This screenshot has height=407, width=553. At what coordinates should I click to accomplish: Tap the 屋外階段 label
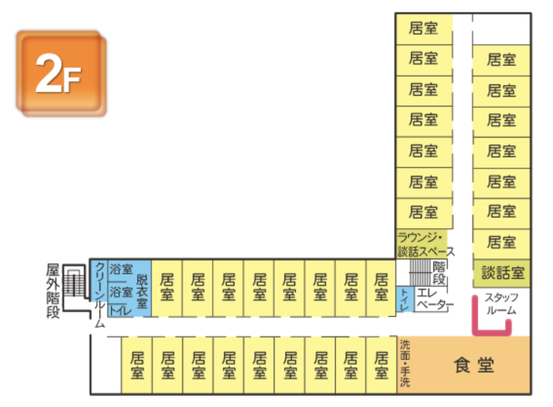[53, 291]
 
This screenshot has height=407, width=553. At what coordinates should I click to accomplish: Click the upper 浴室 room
[121, 269]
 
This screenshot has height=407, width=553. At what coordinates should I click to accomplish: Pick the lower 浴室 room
[121, 292]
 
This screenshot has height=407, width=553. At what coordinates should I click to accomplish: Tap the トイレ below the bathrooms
[121, 310]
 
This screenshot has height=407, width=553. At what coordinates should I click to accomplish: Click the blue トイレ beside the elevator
[404, 298]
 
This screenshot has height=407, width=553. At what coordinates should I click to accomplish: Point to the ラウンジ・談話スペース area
[424, 244]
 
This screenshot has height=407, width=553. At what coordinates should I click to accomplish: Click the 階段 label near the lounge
[439, 273]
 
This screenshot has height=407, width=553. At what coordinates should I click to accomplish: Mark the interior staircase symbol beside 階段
[420, 273]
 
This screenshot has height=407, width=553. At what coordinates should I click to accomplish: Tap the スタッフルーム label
[501, 303]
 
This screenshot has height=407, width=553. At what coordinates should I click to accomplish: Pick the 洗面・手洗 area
[405, 364]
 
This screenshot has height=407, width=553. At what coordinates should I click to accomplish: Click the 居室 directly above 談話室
[501, 242]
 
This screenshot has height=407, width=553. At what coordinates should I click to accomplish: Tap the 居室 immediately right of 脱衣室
[167, 287]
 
